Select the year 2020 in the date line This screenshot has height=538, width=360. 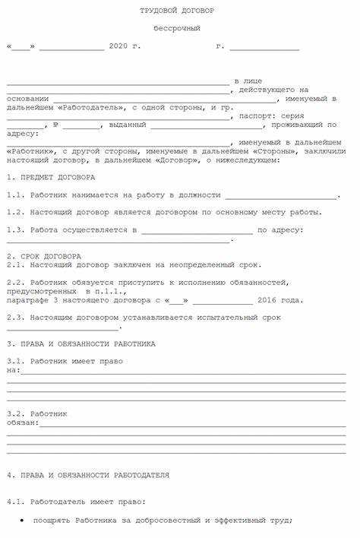point(118,46)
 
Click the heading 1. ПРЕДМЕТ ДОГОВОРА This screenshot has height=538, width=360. point(51,177)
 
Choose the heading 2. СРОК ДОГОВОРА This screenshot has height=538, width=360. point(44,257)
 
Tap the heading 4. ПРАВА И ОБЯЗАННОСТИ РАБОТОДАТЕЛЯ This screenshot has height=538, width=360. point(87,475)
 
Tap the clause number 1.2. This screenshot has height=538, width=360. point(15,212)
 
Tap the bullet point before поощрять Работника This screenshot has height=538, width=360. point(22,521)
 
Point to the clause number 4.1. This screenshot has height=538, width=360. point(15,502)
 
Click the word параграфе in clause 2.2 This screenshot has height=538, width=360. point(28,301)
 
